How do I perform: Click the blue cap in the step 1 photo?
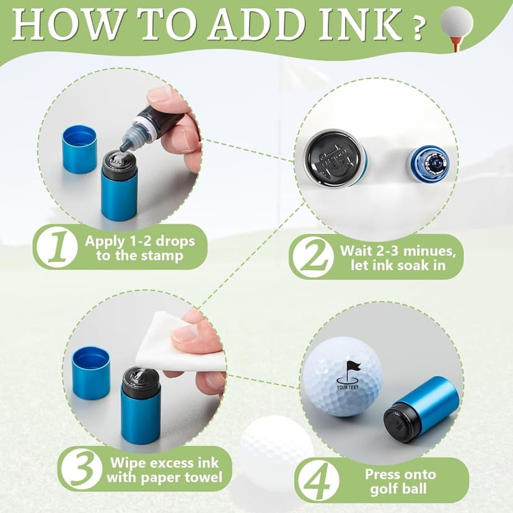[79, 149]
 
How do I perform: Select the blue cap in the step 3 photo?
[90, 372]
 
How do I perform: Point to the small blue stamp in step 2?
[428, 164]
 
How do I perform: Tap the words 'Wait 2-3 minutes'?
[398, 252]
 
